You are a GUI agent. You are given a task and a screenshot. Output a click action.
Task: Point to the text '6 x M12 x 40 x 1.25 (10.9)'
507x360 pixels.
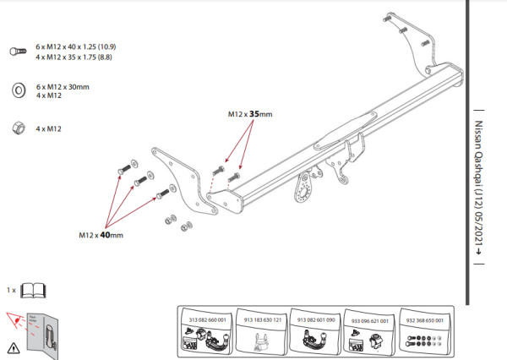(x=76, y=45)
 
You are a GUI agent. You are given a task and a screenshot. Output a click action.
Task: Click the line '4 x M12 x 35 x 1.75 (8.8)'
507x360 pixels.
(x=75, y=56)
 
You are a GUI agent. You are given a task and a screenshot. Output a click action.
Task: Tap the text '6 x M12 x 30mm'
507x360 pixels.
(x=63, y=86)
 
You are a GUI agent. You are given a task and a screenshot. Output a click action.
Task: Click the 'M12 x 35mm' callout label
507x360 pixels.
(x=250, y=113)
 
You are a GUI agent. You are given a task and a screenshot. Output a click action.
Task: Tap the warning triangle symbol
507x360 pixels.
(x=13, y=346)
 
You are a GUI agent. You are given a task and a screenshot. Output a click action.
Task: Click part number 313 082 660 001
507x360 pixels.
(x=206, y=320)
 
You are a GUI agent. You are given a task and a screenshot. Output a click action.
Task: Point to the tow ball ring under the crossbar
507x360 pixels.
(x=303, y=189)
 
